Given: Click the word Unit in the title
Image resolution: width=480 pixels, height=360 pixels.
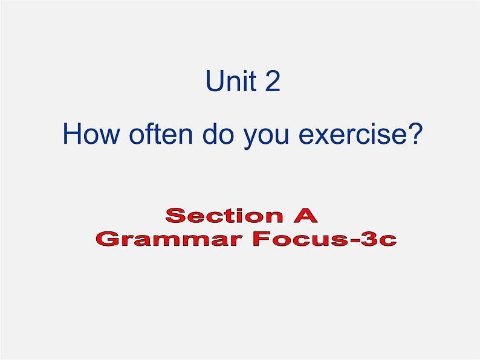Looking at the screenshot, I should pos(232,81).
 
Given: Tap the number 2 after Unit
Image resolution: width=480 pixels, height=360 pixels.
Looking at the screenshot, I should pos(273,81).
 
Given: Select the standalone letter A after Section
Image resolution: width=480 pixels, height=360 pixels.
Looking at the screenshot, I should pos(305,215).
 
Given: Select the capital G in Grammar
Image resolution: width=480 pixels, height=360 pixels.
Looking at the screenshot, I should pos(108,239).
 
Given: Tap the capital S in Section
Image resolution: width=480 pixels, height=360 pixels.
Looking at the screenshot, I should pos(176,215).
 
